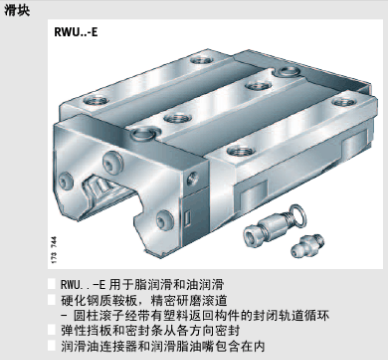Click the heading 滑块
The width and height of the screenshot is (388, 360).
(17, 10)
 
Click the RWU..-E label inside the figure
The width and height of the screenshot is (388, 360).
(76, 32)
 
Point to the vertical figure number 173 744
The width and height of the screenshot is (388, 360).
(54, 250)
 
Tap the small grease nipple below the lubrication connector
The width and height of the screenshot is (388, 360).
(307, 245)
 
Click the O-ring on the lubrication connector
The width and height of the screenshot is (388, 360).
(298, 214)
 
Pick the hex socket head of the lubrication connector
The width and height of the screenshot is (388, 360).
(253, 235)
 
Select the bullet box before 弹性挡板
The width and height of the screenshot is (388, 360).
(52, 330)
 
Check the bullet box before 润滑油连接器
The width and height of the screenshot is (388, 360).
(52, 345)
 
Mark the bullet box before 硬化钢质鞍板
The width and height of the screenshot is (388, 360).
(52, 300)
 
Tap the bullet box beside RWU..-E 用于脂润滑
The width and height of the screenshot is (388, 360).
(52, 284)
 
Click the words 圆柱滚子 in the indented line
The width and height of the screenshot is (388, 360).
(101, 315)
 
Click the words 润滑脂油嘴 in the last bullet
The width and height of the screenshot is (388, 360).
(182, 346)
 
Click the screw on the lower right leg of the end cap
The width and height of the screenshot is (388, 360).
(164, 219)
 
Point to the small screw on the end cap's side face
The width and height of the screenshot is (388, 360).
(193, 178)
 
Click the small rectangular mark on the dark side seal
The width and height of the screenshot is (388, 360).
(188, 218)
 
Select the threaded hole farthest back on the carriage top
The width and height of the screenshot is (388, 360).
(202, 60)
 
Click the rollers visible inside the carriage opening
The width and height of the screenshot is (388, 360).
(98, 188)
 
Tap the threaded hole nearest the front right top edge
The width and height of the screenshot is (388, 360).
(241, 151)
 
